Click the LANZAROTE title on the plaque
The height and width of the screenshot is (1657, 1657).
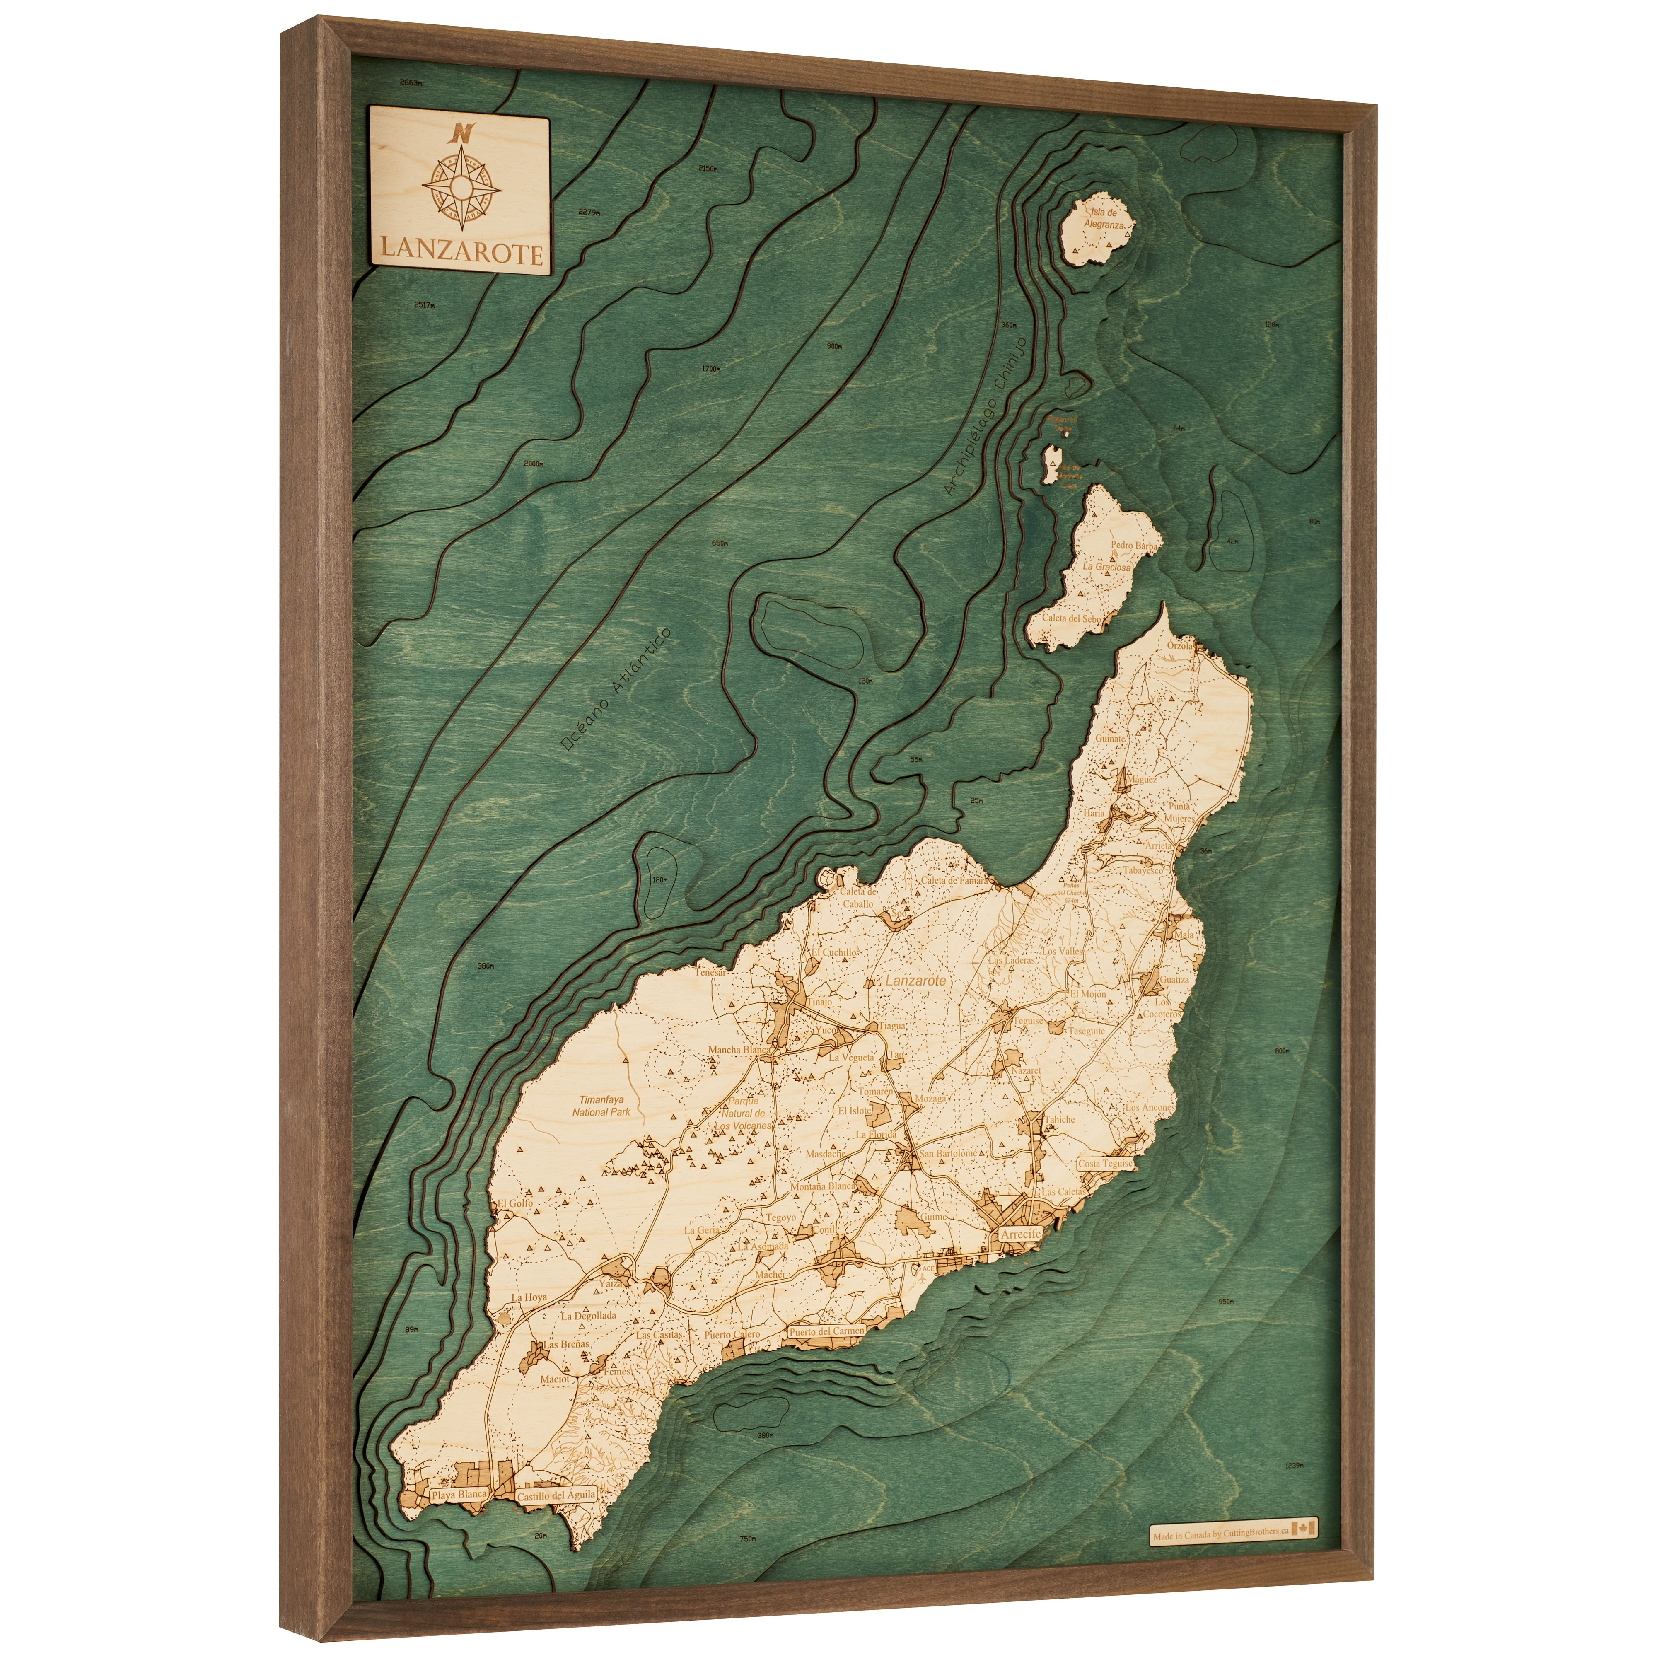tap(461, 254)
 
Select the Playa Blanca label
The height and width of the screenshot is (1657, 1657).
tap(459, 1495)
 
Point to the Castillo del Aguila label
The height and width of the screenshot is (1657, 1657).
tap(556, 1495)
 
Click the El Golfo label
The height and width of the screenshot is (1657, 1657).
tap(514, 1203)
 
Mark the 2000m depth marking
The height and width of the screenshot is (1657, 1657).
tap(534, 464)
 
